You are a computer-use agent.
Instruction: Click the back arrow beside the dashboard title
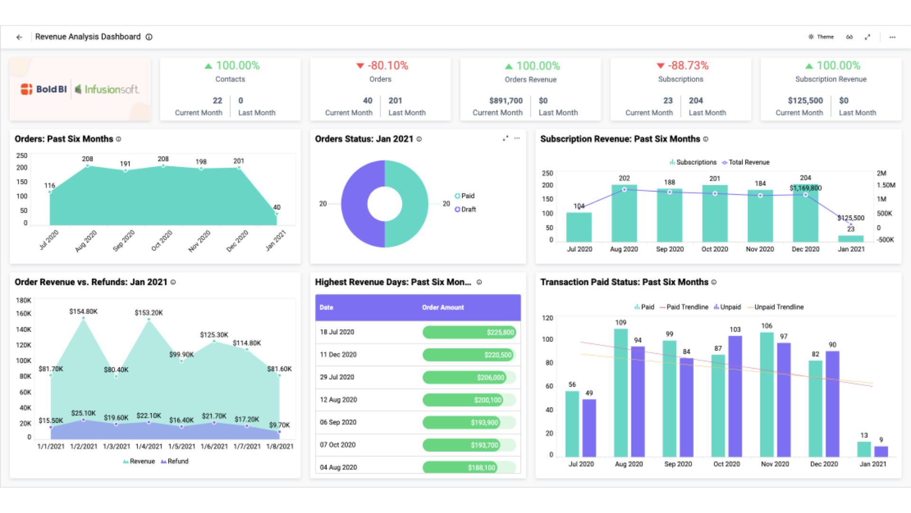pos(19,37)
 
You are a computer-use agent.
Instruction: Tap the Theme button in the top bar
pos(821,37)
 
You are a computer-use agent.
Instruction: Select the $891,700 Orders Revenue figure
pos(505,101)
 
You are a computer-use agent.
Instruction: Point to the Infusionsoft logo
pos(107,89)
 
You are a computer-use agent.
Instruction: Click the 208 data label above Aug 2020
pos(87,159)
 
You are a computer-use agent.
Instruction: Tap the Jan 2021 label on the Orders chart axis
pos(276,240)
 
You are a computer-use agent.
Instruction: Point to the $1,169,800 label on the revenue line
pos(805,188)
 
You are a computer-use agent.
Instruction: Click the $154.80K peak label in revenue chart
pos(84,312)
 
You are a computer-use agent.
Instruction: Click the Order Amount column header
pos(443,307)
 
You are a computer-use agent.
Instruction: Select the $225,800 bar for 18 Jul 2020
pos(468,332)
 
